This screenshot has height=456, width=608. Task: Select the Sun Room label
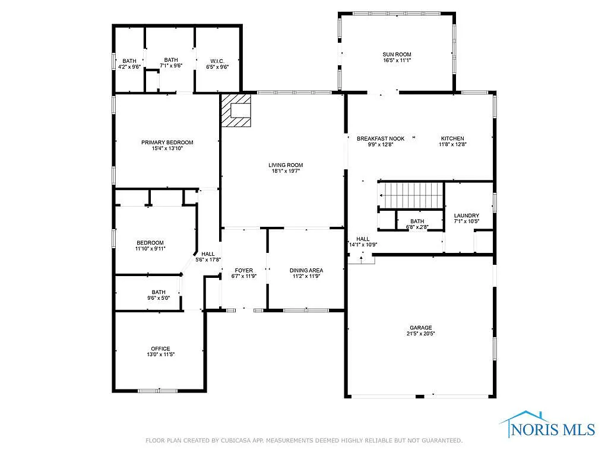pos(397,55)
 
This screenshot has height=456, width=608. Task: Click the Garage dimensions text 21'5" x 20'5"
pos(420,334)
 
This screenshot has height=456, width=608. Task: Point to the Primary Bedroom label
pos(167,142)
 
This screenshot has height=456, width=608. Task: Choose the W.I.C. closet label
pos(217,60)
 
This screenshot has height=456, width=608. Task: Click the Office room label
pos(160,349)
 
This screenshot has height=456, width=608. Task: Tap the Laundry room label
pos(466,216)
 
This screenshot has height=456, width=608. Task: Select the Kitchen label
pos(452,138)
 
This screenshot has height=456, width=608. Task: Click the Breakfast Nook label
pos(381,138)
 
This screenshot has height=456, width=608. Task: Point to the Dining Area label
pos(306,270)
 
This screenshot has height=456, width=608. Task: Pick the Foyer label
pos(243,270)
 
